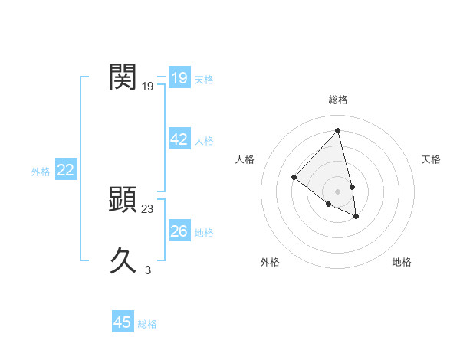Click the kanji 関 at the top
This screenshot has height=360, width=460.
click(123, 78)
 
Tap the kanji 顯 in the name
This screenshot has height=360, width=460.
click(123, 200)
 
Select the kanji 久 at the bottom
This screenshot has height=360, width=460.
click(123, 260)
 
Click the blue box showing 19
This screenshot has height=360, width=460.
click(179, 78)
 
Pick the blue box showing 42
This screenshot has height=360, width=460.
click(179, 139)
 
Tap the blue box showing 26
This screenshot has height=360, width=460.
click(179, 231)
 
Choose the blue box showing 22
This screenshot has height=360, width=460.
click(65, 170)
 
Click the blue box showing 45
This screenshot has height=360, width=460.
click(123, 322)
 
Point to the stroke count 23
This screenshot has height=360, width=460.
click(148, 208)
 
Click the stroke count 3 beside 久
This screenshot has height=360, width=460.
click(148, 270)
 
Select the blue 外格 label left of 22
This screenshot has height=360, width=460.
click(41, 172)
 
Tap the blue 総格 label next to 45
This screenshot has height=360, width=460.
click(147, 324)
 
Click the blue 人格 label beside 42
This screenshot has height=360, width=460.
click(204, 141)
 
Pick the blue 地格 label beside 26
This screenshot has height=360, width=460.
click(204, 233)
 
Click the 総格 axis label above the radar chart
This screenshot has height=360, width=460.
click(338, 100)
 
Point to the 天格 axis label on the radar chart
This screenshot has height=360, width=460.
click(431, 159)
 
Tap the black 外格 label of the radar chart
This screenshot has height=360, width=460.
click(270, 262)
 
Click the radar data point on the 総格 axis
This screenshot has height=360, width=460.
click(338, 130)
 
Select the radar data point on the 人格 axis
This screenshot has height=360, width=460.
click(294, 178)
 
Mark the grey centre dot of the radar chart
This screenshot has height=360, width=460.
click(338, 191)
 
